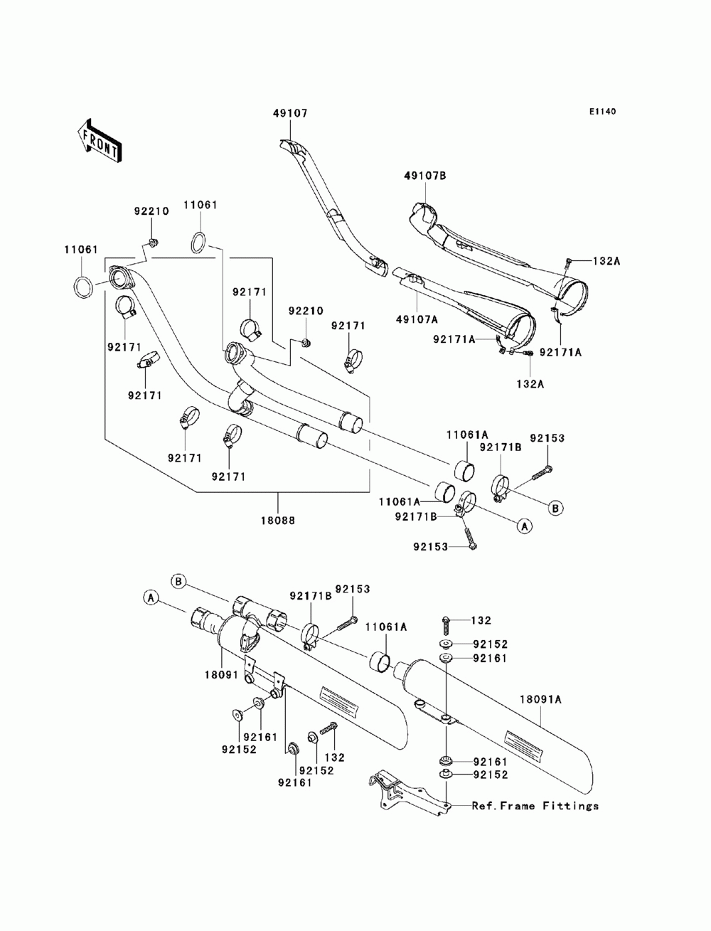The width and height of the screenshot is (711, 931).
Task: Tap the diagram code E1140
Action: pyautogui.click(x=602, y=112)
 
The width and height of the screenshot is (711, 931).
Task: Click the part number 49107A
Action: pyautogui.click(x=417, y=319)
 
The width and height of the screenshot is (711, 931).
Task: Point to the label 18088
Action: pyautogui.click(x=278, y=520)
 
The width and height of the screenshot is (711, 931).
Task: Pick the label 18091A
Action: pyautogui.click(x=541, y=699)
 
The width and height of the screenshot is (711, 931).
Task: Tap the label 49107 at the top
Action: pyautogui.click(x=290, y=113)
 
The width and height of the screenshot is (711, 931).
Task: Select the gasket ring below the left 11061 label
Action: pyautogui.click(x=83, y=287)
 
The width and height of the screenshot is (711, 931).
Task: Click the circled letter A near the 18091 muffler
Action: pyautogui.click(x=150, y=598)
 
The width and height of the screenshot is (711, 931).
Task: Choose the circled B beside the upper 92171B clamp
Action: pyautogui.click(x=555, y=508)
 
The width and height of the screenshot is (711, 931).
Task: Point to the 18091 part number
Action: pyautogui.click(x=221, y=674)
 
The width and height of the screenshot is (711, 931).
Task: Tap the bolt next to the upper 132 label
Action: pyautogui.click(x=445, y=625)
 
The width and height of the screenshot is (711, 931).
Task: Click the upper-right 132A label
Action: pyautogui.click(x=606, y=261)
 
